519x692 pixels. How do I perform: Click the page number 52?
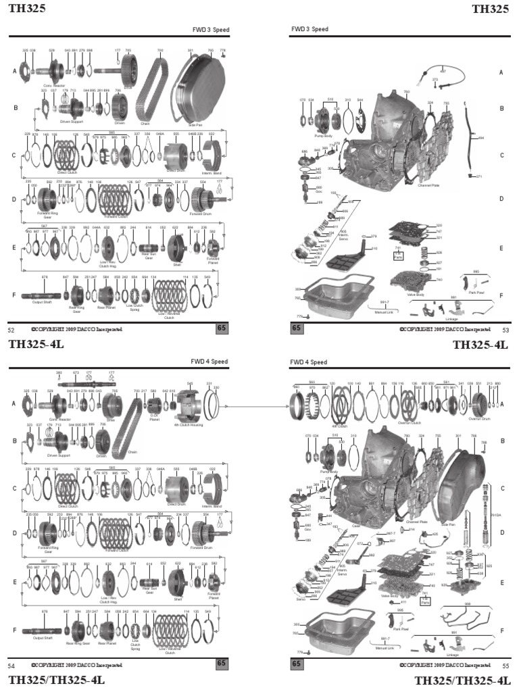coord(11,330)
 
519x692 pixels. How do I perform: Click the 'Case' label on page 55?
coord(355,525)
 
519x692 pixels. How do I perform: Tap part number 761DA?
coord(495,515)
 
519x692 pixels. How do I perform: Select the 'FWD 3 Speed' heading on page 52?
coord(209,30)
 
